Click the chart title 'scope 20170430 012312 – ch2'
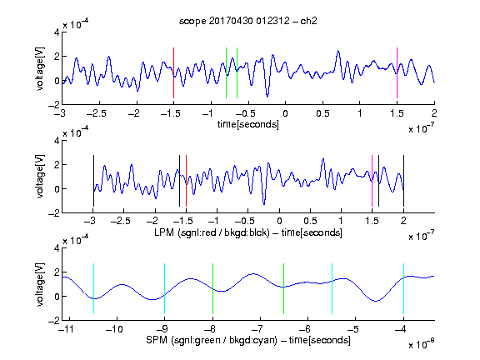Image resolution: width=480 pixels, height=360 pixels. coord(248,21)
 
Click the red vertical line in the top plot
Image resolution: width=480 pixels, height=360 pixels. coord(173,72)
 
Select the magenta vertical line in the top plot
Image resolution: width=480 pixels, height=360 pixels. coord(397,72)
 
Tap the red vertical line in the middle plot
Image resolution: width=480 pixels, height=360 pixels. coord(186,181)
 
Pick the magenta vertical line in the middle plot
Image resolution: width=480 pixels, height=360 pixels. coord(372,181)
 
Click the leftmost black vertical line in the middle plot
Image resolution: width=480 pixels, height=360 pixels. coord(93,181)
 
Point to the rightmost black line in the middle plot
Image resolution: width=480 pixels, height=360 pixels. coord(403,181)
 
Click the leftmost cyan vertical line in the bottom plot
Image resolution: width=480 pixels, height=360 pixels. coord(93,288)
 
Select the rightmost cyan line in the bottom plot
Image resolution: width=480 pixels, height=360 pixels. coord(403,288)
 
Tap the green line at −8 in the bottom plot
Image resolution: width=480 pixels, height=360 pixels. coord(212,288)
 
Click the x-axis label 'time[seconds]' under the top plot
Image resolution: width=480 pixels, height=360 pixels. coord(248,124)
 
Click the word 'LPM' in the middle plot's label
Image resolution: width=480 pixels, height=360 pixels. coord(164,232)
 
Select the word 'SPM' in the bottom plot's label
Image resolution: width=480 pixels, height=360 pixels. coord(157,340)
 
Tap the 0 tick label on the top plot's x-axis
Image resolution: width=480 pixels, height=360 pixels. coord(285,113)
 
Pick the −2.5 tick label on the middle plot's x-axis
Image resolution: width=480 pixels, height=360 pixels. coord(120,221)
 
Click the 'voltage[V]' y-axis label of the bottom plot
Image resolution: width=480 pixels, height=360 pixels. coord(40,284)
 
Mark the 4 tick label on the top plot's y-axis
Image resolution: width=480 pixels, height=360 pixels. coord(57,32)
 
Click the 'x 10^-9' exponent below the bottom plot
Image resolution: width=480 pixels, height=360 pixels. coord(422,344)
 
